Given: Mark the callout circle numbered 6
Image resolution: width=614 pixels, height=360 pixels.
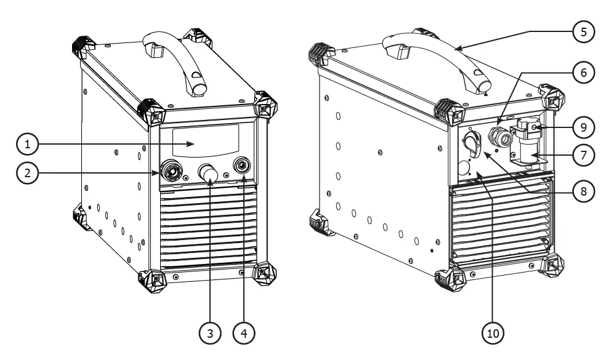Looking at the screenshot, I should pos(583,71).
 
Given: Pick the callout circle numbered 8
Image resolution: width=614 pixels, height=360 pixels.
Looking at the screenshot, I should pos(583,191).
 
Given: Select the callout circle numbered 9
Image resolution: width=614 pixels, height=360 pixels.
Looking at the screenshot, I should pos(583,127).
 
